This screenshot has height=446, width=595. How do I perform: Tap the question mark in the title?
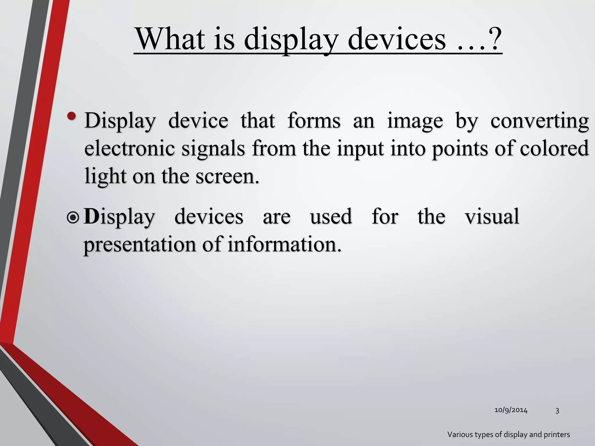493,39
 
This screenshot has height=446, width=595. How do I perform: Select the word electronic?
130,148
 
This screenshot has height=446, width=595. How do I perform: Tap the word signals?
213,148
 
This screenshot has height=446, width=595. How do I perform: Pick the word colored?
554,148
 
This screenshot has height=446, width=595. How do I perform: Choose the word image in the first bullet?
415,121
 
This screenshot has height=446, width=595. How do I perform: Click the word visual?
492,216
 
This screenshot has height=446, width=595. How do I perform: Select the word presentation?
140,245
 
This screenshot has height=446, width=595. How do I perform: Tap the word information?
284,244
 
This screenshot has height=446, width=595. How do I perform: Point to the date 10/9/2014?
511,410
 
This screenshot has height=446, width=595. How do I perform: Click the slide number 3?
557,410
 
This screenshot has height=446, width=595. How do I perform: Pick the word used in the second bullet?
331,216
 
